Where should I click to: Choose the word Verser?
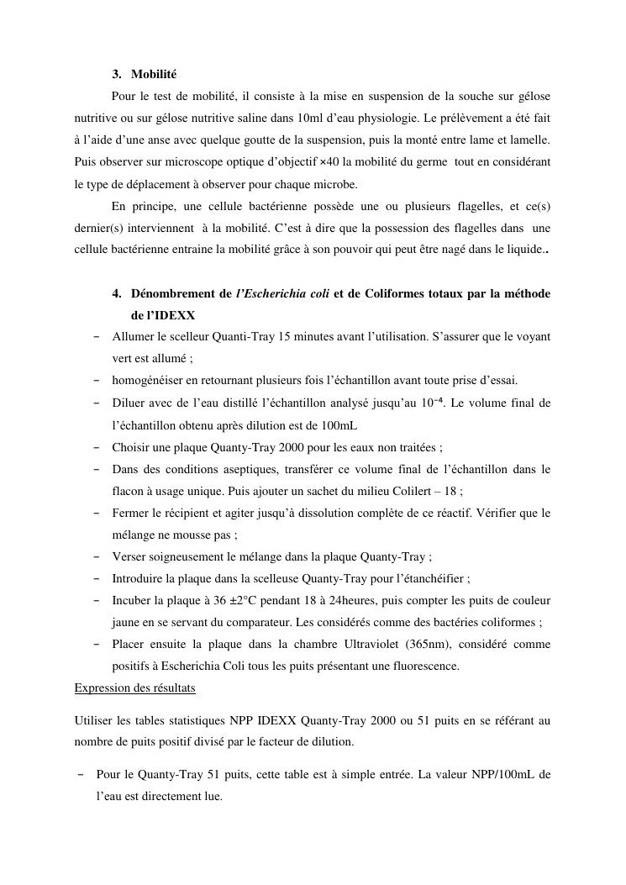(129, 556)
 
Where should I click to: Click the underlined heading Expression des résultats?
(134, 687)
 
